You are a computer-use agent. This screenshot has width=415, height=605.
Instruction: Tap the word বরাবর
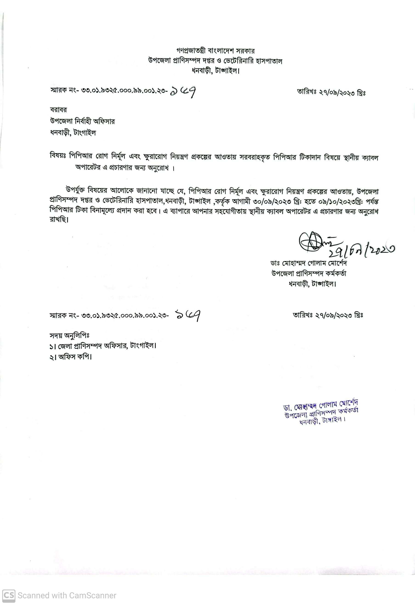click(x=59, y=110)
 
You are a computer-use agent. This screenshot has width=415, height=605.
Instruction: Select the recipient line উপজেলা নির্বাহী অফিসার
click(x=82, y=121)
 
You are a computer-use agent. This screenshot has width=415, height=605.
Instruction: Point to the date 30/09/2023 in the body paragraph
click(x=265, y=201)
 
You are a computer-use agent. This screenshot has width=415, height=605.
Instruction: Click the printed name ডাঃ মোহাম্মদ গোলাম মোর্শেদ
click(x=308, y=263)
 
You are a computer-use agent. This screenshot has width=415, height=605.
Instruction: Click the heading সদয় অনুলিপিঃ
click(x=70, y=336)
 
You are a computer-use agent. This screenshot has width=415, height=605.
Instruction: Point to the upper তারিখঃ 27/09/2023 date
click(x=331, y=92)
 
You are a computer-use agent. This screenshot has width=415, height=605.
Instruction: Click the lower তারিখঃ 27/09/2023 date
click(x=328, y=315)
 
